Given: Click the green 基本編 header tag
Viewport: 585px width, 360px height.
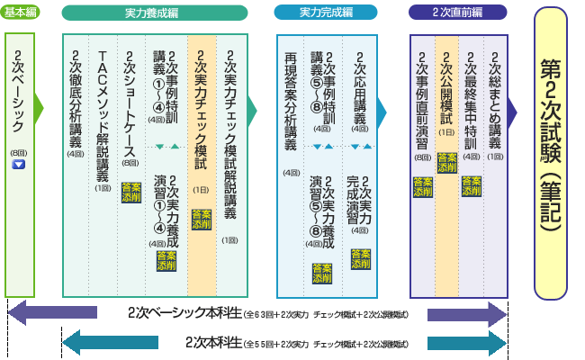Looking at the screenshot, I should pos(19,13).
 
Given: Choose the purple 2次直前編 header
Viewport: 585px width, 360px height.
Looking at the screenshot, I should pos(457,13).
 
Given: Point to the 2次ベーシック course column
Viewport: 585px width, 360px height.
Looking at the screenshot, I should pos(19,90).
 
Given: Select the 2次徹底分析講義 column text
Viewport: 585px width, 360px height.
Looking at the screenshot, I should pos(76,99).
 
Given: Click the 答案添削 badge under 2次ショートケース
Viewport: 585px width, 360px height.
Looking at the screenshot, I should pos(129,192).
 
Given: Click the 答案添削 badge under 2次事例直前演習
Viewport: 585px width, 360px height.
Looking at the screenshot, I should pos(422,186).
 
